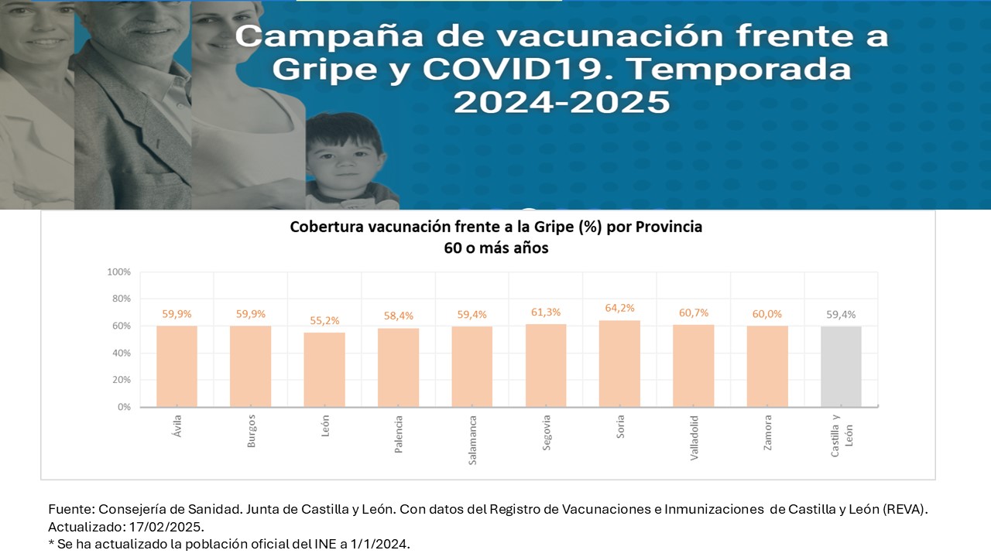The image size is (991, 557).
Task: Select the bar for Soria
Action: click(619, 364)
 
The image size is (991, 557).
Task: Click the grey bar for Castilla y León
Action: click(841, 367)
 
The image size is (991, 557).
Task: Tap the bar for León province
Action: click(324, 370)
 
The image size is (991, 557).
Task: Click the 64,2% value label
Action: click(619, 308)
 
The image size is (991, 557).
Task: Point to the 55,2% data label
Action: click(324, 320)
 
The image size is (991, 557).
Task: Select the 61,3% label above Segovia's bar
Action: click(546, 312)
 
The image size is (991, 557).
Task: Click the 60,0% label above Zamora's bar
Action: click(767, 314)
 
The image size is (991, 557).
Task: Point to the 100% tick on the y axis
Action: click(118, 272)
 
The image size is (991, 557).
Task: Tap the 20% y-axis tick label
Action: click(121, 380)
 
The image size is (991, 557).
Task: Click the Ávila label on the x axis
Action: click(177, 425)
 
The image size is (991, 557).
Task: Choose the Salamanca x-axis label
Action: click(472, 440)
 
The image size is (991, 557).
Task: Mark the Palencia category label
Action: click(399, 433)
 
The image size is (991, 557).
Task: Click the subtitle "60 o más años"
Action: click(495, 248)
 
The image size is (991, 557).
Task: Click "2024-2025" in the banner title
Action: click(561, 101)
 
